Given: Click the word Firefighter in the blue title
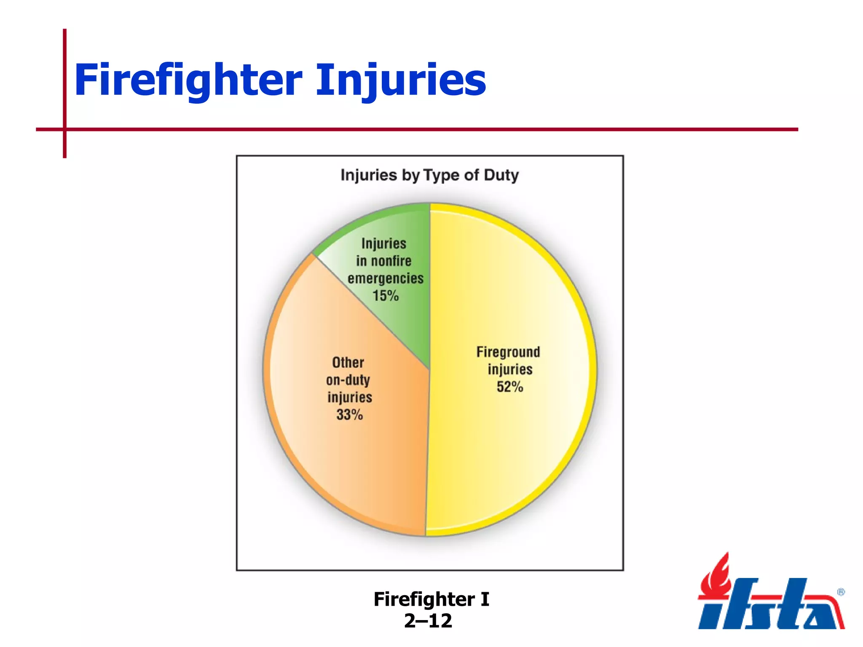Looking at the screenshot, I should (188, 80).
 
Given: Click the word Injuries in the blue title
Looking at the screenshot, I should (401, 80).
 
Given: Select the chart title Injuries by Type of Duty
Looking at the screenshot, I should (429, 175).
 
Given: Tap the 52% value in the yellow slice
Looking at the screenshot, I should (510, 387).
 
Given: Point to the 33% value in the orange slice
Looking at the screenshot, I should (349, 415).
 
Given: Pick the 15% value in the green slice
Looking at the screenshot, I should (385, 296).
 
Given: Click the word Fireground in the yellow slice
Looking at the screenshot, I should (508, 352).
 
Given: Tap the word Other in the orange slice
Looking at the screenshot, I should (348, 362).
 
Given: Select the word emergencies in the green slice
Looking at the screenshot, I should (385, 278).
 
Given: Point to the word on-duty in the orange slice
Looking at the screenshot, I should (348, 380).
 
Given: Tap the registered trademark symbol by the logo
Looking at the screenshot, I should (841, 592).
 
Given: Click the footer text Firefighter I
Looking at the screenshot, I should (431, 599).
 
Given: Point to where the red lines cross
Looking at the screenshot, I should (65, 129).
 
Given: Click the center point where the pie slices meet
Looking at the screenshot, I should (429, 370).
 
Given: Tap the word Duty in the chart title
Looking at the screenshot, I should (501, 175).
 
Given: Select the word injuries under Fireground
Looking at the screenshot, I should (510, 369).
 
